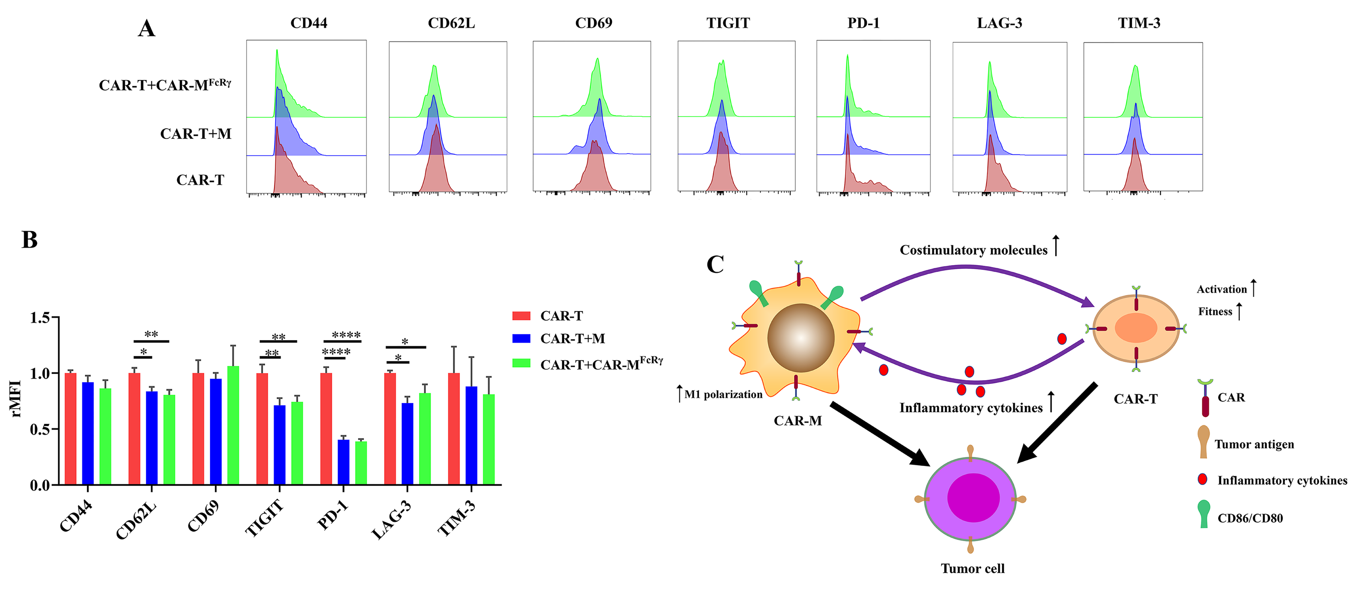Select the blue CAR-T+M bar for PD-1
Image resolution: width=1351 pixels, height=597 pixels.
click(x=343, y=462)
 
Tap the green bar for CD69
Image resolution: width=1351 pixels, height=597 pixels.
click(x=233, y=425)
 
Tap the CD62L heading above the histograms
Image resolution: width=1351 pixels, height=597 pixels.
click(x=451, y=23)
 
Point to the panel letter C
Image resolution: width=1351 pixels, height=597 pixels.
click(x=715, y=265)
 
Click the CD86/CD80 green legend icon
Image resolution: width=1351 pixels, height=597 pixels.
click(x=1204, y=514)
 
